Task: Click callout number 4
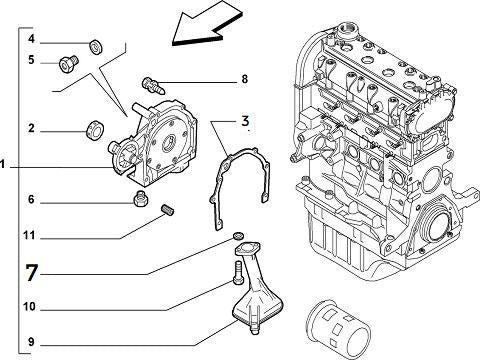click(31, 40)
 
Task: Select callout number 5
click(31, 60)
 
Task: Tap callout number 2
click(31, 128)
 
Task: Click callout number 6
click(31, 200)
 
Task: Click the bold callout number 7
click(32, 272)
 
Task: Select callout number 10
click(31, 306)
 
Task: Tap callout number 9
click(31, 342)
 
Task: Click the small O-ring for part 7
click(239, 236)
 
